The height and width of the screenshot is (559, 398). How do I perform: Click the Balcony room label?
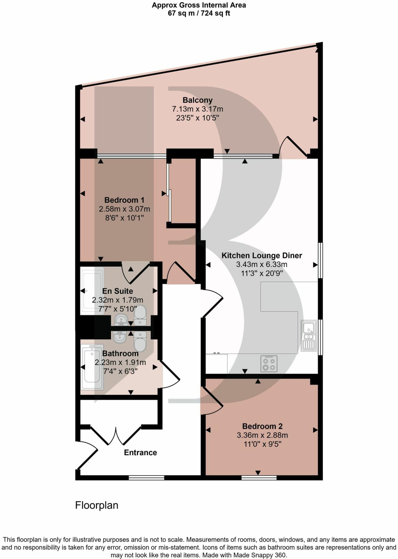[x=197, y=100]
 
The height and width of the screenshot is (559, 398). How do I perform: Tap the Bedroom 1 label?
[x=124, y=200]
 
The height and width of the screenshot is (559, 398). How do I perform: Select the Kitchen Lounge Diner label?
[x=262, y=255]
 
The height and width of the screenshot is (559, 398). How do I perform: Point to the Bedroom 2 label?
[x=262, y=426]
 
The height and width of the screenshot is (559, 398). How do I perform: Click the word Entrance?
[x=140, y=453]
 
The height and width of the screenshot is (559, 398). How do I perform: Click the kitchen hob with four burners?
[x=269, y=364]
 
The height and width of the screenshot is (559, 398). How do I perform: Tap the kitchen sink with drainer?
[x=309, y=335]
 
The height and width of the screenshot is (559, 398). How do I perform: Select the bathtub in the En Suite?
[x=92, y=291]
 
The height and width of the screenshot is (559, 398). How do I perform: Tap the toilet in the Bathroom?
[x=140, y=341]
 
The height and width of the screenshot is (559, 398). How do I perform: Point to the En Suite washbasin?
[x=121, y=320]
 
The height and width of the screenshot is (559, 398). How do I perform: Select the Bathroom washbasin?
[x=120, y=337]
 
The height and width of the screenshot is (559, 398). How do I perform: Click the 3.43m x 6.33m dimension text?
[x=262, y=264]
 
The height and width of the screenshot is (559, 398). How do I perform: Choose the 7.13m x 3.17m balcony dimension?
[x=197, y=109]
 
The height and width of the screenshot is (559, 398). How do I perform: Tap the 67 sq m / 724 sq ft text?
[x=199, y=13]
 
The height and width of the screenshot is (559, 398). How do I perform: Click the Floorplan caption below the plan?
[x=97, y=505]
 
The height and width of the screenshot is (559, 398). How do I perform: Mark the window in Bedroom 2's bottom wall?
[x=259, y=477]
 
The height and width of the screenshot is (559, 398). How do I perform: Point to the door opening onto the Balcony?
[x=293, y=147]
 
